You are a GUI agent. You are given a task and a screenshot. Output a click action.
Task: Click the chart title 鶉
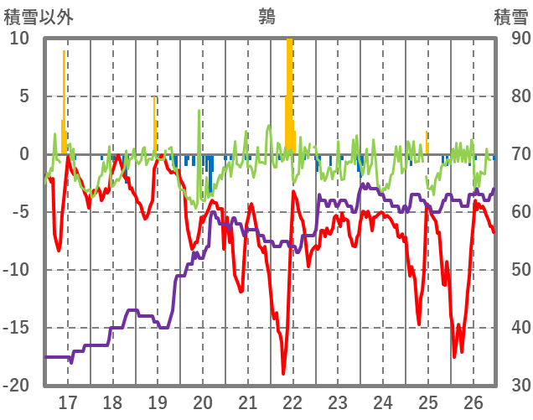point(267,15)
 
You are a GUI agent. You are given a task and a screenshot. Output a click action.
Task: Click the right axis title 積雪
point(510,15)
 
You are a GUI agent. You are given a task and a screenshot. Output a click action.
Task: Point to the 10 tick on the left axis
point(19,39)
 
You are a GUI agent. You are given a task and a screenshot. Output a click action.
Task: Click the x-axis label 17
point(67,402)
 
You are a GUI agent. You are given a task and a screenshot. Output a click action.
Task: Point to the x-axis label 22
point(292,402)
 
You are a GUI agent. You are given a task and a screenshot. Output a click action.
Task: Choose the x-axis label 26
point(473,402)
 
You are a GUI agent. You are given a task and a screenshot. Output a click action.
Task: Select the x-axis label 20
point(203,402)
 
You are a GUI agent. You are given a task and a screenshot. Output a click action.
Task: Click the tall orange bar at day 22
point(289,92)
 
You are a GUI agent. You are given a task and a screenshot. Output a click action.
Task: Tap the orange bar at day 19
point(155,126)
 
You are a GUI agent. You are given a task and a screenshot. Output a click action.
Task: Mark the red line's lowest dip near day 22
point(284,373)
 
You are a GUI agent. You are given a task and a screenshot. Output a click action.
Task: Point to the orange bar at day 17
point(64,101)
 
